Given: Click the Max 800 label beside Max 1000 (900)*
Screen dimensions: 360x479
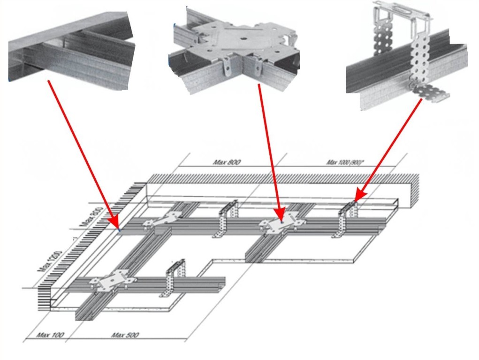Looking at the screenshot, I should (x=227, y=162).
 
